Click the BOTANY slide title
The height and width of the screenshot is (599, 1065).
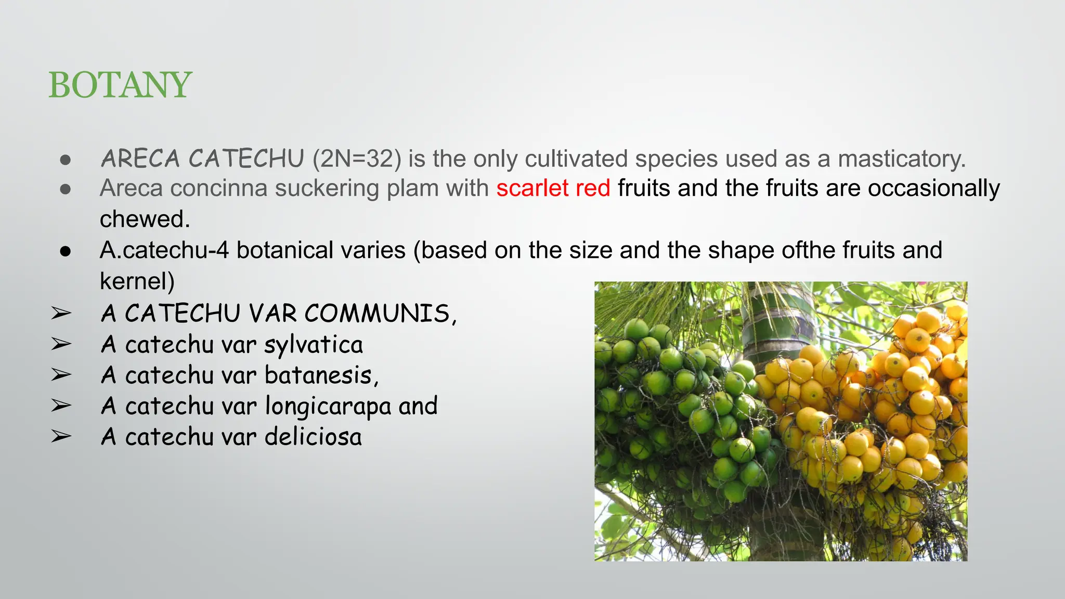(120, 85)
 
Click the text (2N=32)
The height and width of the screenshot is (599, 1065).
(357, 159)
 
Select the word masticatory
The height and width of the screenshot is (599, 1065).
(902, 159)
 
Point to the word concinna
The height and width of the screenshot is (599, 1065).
(218, 188)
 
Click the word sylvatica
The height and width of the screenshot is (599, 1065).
(314, 345)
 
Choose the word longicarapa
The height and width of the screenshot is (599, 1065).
(328, 406)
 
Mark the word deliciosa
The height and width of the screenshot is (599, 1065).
(313, 437)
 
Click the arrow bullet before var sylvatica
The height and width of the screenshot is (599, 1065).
(61, 344)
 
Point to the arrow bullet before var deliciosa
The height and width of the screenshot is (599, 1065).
(61, 437)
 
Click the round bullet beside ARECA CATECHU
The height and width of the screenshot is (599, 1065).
(65, 160)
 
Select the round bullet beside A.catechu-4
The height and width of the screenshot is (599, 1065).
(65, 251)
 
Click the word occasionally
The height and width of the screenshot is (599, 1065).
(933, 188)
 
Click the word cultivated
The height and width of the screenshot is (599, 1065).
(576, 159)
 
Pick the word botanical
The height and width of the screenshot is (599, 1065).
(321, 251)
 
